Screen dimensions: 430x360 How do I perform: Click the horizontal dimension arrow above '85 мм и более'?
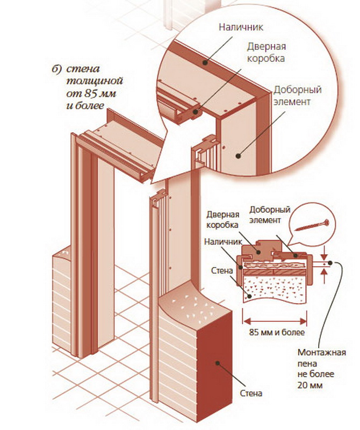tap(274, 321)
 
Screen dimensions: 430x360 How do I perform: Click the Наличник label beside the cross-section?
tap(220, 242)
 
